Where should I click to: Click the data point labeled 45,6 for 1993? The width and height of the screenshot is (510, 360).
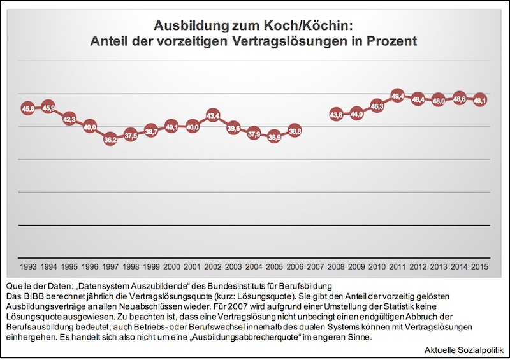point(28,109)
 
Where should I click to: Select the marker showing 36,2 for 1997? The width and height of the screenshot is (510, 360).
point(110,140)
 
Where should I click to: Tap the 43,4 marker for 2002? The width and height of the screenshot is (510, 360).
point(213,116)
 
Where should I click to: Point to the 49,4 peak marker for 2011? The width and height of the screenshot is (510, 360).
point(398,96)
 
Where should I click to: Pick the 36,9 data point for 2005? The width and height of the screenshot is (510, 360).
point(275,137)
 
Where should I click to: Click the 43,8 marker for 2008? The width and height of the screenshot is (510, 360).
point(336,115)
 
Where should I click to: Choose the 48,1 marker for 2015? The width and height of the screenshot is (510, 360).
point(480,101)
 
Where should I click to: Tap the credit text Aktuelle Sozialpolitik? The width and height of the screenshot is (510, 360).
point(464,350)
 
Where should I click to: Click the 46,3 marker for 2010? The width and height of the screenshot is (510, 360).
point(377,107)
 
